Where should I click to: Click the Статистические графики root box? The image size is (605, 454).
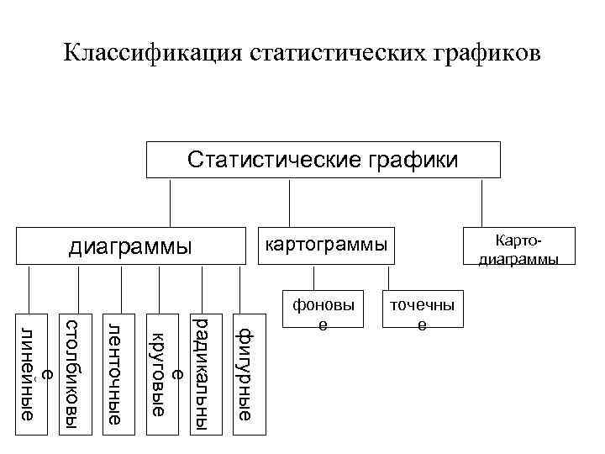323,160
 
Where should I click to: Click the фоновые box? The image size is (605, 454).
323,313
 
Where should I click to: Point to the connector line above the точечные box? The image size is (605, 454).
389,278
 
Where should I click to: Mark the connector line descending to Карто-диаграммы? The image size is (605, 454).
482,202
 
